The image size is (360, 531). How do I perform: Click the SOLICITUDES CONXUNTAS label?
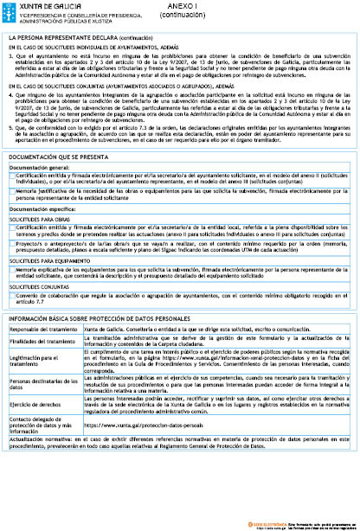(39, 286)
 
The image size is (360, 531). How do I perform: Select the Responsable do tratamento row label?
(42, 329)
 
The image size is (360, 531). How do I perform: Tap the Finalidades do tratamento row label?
(42, 341)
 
